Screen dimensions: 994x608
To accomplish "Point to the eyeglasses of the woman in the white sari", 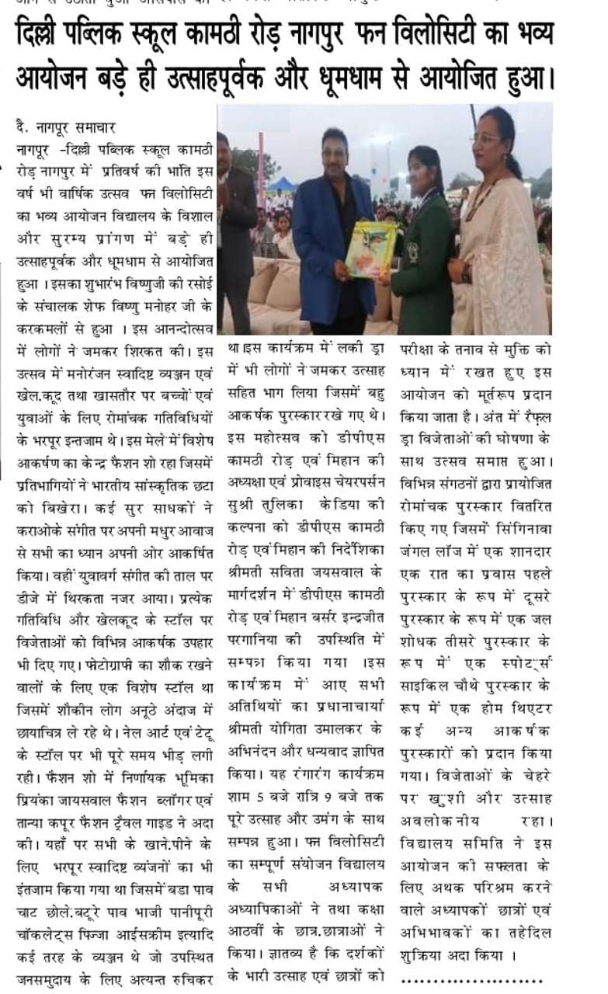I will pyautogui.click(x=485, y=137).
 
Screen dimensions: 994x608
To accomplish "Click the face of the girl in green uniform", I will pyautogui.click(x=425, y=170).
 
